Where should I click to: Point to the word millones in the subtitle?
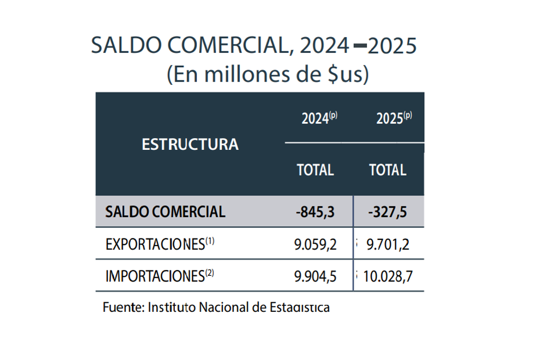tap(235, 75)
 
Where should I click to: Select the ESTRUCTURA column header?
tap(190, 144)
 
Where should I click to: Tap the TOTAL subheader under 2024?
tap(316, 170)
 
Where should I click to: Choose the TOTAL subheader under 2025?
tap(388, 170)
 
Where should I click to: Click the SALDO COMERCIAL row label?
tap(166, 212)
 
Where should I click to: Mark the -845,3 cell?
tap(316, 212)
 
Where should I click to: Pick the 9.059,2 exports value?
tap(316, 245)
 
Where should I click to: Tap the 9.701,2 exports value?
tap(388, 245)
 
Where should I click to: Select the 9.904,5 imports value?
tap(316, 276)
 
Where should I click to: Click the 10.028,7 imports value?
tap(386, 276)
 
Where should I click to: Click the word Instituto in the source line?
tap(172, 307)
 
